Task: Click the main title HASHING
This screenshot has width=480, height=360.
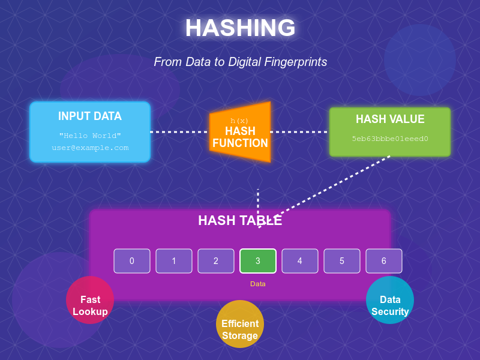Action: tap(241, 28)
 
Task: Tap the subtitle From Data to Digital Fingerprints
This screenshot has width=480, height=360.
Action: tap(241, 62)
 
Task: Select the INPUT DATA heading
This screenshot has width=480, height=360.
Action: tap(90, 116)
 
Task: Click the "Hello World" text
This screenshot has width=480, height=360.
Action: tap(90, 136)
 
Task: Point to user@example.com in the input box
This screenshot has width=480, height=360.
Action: tap(90, 148)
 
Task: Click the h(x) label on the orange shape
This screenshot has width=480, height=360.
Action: tap(239, 121)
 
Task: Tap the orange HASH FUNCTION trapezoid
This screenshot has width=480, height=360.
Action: tap(240, 132)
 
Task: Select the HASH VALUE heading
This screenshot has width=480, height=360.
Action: tap(390, 119)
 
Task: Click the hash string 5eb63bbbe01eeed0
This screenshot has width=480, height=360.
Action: tap(390, 139)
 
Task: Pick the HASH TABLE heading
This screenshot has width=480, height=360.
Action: tap(240, 220)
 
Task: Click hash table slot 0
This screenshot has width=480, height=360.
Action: tap(132, 261)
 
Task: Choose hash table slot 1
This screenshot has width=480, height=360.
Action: tap(174, 261)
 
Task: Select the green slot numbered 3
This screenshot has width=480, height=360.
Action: tap(258, 261)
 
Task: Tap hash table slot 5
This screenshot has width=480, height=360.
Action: tap(342, 261)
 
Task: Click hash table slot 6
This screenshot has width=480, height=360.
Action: tap(384, 261)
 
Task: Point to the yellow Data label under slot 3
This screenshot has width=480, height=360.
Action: tap(258, 284)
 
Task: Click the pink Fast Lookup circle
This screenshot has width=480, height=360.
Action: tap(90, 300)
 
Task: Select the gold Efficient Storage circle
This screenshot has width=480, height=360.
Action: tap(240, 324)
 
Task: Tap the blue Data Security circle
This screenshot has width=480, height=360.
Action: tap(390, 300)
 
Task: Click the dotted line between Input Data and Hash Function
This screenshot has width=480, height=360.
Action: tap(179, 132)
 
